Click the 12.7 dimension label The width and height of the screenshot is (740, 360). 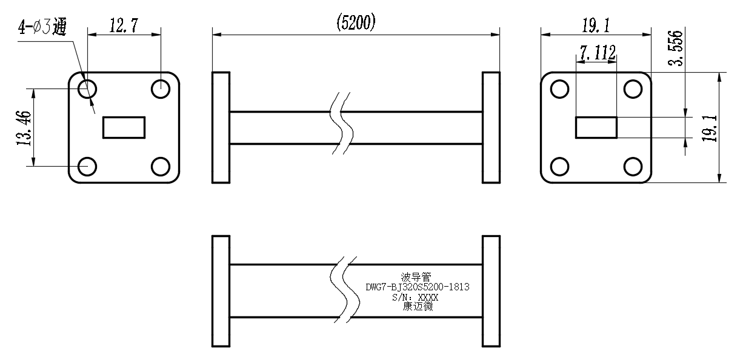(124, 25)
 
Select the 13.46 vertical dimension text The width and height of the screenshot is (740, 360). (24, 128)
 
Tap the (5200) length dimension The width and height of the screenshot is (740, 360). (356, 22)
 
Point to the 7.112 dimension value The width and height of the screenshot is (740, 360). (598, 53)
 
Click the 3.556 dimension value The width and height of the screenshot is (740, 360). (676, 48)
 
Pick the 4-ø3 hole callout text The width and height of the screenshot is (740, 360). (42, 27)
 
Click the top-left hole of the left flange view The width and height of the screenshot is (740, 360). (87, 89)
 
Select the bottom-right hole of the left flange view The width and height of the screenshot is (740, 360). (161, 167)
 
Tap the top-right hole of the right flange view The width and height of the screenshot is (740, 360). (633, 89)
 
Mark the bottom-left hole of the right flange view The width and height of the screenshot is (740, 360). (560, 167)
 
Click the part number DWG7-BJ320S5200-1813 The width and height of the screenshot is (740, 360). (418, 287)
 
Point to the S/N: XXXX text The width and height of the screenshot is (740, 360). (415, 297)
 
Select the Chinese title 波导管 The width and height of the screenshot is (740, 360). (416, 277)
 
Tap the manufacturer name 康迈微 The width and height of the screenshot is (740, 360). (418, 307)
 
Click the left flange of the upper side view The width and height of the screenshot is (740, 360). (221, 127)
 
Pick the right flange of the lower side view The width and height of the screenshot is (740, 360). (492, 292)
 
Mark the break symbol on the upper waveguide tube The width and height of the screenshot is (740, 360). (342, 123)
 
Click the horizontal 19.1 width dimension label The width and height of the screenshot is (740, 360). (596, 25)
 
